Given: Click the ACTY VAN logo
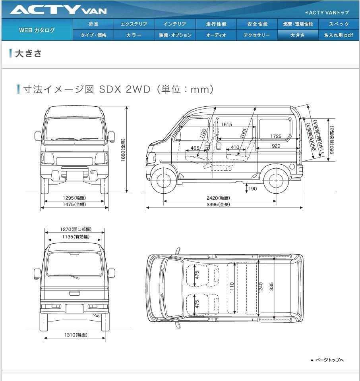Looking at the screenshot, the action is [x=58, y=10].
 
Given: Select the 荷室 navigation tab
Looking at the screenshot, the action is [x=93, y=24].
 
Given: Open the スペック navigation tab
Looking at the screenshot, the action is [x=339, y=24].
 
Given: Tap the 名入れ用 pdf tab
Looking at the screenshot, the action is [x=339, y=35].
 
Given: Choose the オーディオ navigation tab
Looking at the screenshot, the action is [x=216, y=35].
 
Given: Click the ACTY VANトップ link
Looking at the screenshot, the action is [x=327, y=12].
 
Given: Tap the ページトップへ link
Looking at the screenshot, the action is [x=327, y=360].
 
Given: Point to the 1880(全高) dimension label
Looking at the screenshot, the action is [x=123, y=150].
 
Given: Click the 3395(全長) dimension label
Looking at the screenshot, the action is [x=218, y=205].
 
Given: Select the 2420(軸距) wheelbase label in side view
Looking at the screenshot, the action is [x=218, y=198].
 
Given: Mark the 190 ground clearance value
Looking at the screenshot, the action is [x=253, y=189].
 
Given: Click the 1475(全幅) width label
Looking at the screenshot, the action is [x=74, y=204].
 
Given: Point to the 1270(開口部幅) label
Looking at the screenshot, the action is [x=75, y=229].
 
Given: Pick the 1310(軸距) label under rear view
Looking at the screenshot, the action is [x=75, y=335].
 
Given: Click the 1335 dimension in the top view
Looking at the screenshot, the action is [x=271, y=287].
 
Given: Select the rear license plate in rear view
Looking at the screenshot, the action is [x=74, y=309].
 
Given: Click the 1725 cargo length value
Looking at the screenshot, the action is [x=276, y=136].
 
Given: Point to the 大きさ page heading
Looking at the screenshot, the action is [x=28, y=54].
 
